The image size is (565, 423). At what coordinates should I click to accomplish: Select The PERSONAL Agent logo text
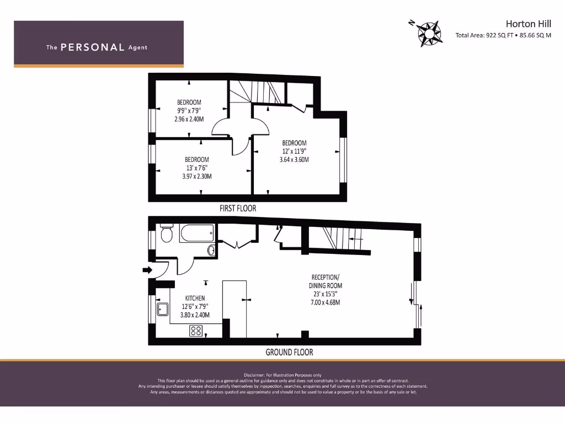click(97, 47)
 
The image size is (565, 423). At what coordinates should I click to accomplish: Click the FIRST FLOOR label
click(238, 209)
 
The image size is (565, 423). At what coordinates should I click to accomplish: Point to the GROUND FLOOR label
click(289, 352)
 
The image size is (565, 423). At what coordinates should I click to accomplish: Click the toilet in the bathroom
click(167, 234)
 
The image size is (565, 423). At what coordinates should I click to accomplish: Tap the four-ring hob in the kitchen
click(196, 331)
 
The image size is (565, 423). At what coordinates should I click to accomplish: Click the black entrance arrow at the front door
click(147, 270)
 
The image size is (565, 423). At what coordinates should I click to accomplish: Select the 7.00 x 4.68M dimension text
click(325, 302)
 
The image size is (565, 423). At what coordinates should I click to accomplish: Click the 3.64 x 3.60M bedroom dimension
click(294, 160)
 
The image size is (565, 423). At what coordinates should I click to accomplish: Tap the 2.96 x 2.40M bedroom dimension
click(189, 118)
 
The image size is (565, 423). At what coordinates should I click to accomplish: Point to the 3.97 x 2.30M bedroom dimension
click(196, 176)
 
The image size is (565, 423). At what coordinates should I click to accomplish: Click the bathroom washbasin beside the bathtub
click(211, 251)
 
